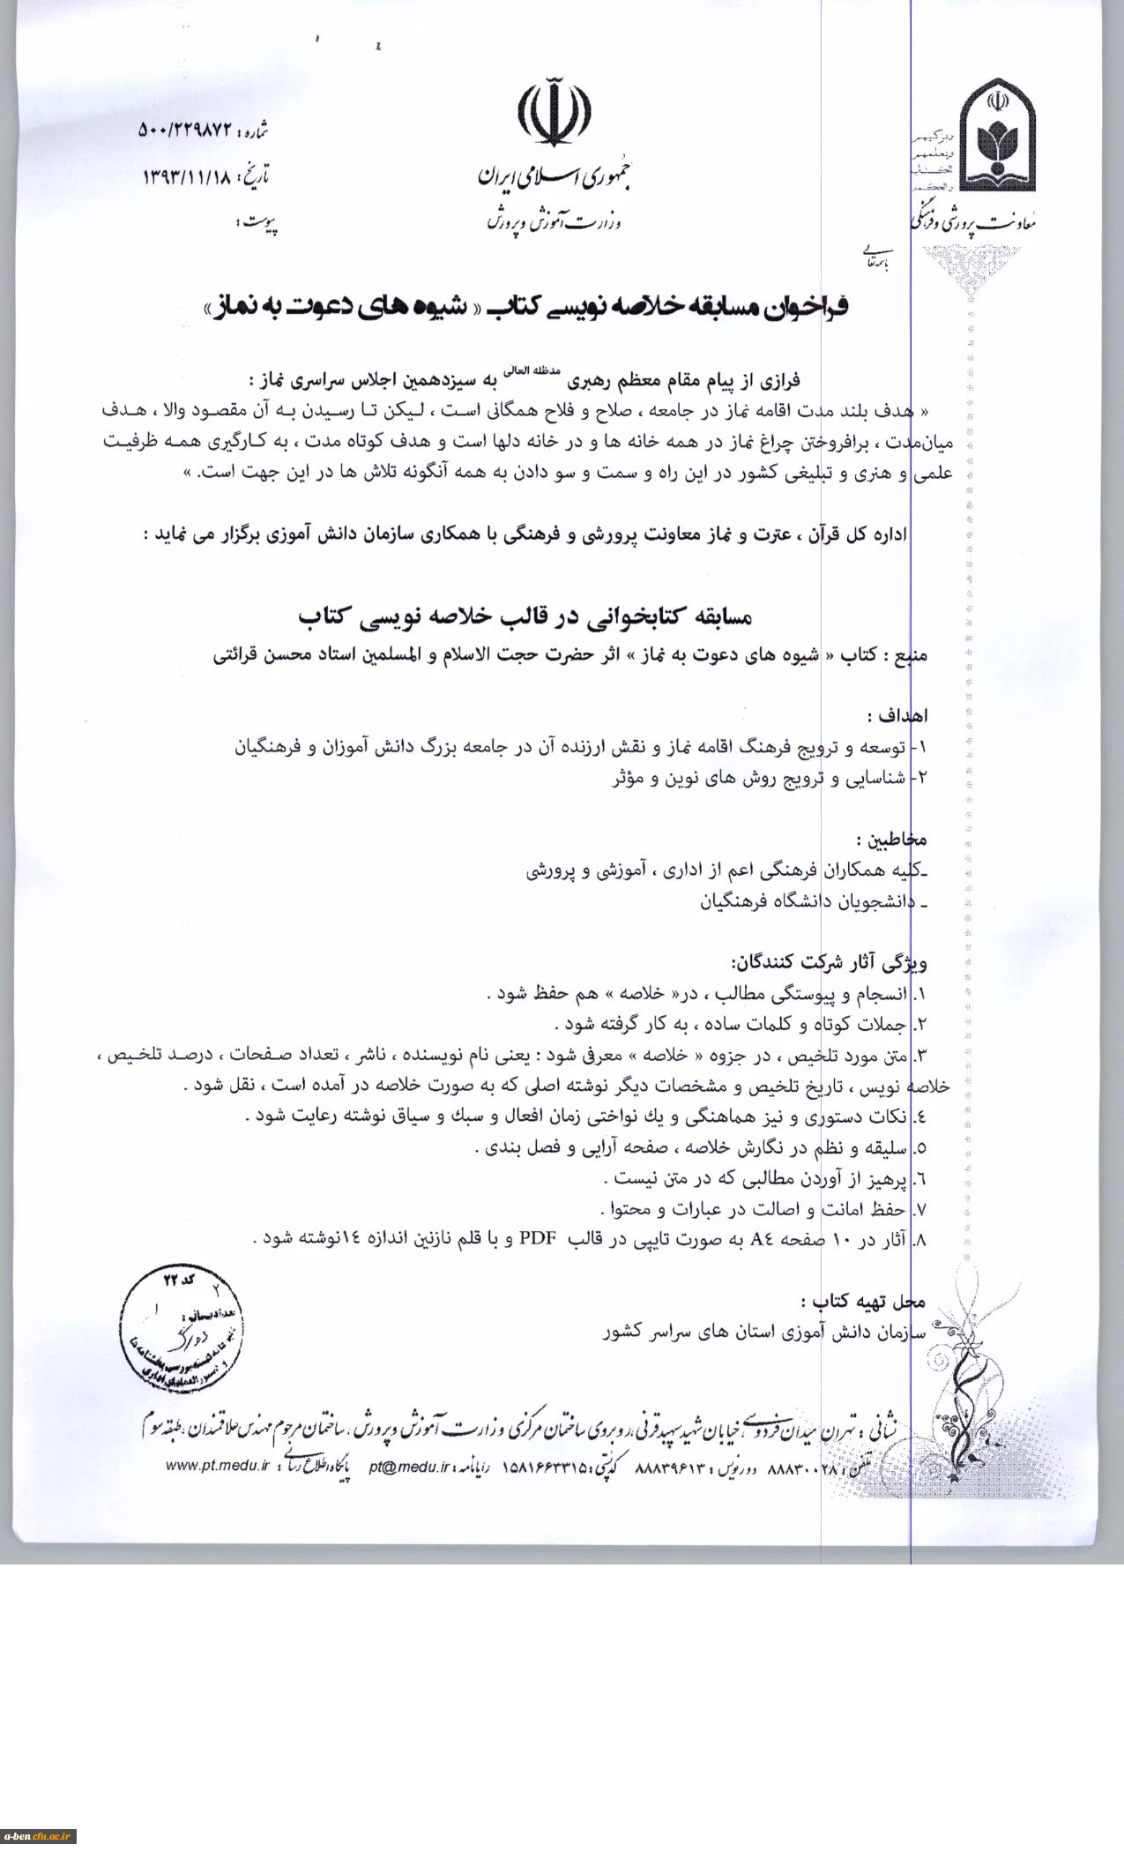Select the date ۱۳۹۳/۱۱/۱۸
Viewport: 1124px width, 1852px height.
click(x=187, y=175)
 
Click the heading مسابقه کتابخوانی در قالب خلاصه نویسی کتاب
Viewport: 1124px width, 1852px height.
click(x=525, y=616)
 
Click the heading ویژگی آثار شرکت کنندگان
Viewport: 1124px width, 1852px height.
click(x=828, y=960)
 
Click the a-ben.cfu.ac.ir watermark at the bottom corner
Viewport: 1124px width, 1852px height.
click(x=40, y=1836)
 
